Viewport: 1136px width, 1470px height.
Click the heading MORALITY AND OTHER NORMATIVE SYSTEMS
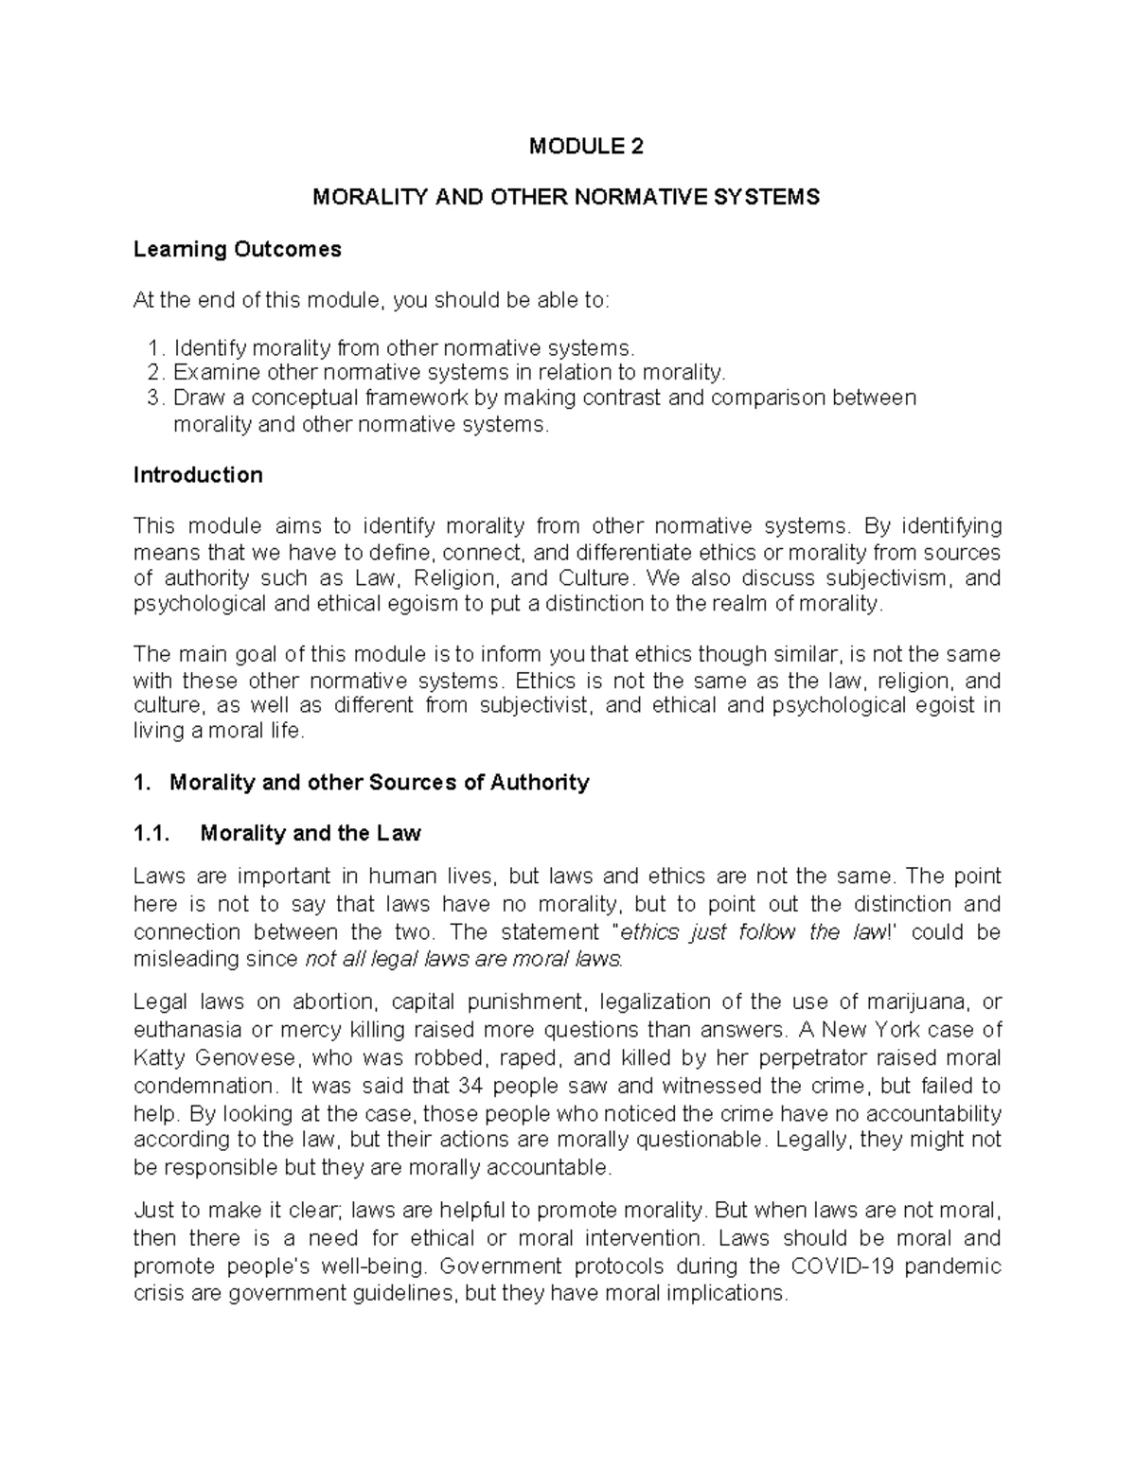click(x=566, y=197)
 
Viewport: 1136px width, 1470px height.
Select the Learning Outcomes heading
click(x=237, y=249)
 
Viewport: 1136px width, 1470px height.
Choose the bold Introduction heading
click(x=198, y=475)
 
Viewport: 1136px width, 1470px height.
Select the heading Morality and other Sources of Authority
click(x=379, y=782)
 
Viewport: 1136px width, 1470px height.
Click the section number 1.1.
click(x=151, y=833)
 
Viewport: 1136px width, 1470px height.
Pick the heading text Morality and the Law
click(x=311, y=833)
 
